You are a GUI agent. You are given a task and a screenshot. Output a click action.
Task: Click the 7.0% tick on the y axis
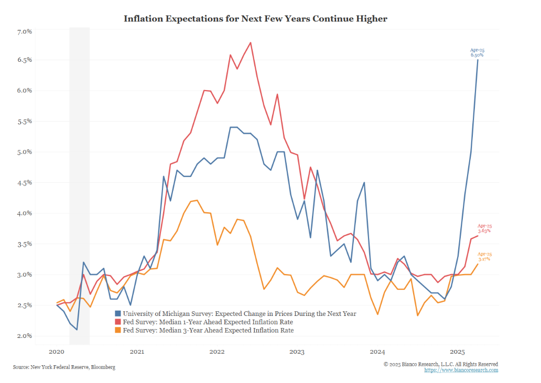(25, 32)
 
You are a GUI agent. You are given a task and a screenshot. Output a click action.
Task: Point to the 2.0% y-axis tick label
(25, 336)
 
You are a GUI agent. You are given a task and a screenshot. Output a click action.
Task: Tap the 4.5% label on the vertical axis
(25, 183)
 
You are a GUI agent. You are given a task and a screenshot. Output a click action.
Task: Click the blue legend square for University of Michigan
(118, 314)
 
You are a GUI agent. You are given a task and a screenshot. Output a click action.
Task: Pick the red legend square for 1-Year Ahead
(118, 322)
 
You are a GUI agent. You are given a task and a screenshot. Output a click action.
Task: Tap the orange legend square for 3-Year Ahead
(118, 331)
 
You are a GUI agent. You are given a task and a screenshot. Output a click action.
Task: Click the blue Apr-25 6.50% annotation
(477, 52)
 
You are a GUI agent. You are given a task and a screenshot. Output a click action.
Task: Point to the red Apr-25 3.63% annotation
(484, 228)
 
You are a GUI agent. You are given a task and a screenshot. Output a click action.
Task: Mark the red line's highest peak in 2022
(251, 42)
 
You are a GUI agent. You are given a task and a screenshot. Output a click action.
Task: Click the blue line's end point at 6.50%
(478, 60)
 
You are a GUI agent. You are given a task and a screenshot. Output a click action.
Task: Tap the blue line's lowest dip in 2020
(77, 330)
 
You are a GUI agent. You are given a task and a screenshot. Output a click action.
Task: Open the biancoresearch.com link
(461, 370)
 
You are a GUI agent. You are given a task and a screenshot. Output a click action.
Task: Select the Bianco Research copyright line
(440, 364)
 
